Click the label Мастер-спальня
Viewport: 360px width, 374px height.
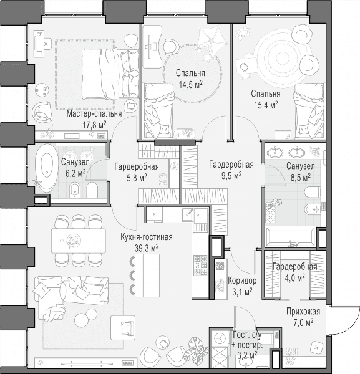[94, 114]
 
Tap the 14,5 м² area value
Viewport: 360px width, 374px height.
[191, 84]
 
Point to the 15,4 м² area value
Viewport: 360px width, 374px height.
[266, 105]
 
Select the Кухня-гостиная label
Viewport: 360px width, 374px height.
[147, 237]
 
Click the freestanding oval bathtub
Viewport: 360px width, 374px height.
[46, 168]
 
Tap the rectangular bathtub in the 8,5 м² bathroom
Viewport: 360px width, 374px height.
[291, 237]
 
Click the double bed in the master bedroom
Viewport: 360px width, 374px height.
[110, 74]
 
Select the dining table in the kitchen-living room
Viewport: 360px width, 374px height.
[79, 241]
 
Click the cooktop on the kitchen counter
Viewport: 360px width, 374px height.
[200, 265]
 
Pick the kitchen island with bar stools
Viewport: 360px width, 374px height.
[145, 276]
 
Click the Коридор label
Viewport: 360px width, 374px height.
[242, 280]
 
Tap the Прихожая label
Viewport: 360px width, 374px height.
[303, 311]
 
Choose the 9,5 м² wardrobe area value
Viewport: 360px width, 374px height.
[231, 176]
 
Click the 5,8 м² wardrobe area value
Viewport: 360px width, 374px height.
[137, 178]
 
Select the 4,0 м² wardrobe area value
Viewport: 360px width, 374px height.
[294, 278]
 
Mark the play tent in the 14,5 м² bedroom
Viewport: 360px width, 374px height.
[211, 39]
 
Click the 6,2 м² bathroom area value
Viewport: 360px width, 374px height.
[75, 173]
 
